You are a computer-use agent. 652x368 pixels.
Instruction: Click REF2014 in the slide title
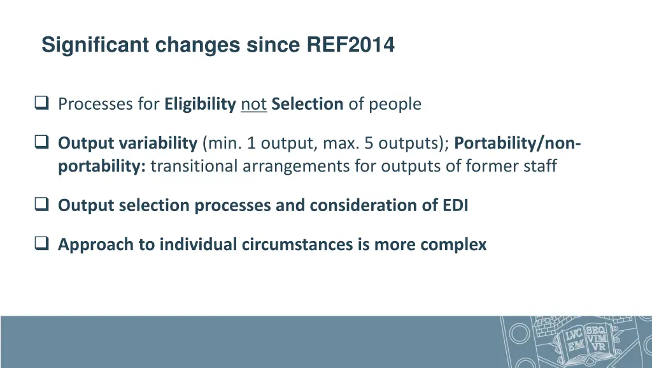(x=351, y=45)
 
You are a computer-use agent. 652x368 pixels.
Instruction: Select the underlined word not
(x=253, y=104)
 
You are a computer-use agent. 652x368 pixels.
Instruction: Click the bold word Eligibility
(x=200, y=104)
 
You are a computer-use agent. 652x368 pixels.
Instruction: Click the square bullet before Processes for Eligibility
(x=43, y=103)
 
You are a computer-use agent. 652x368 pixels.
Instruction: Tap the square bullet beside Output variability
(x=43, y=143)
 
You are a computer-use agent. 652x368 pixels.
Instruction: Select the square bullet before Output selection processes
(x=43, y=205)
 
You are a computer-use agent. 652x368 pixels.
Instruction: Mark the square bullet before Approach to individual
(x=43, y=244)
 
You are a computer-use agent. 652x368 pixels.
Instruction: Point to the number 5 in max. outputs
(x=369, y=143)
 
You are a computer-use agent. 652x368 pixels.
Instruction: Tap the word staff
(x=541, y=166)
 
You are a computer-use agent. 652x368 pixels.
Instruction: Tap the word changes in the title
(x=197, y=45)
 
